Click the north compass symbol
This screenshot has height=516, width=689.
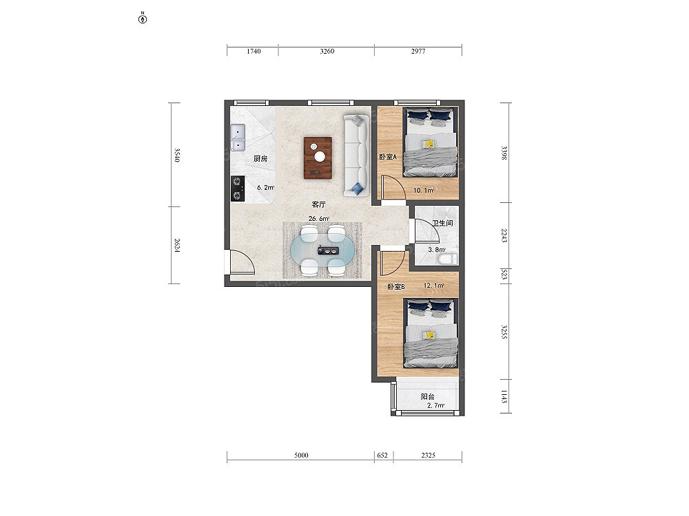(x=143, y=19)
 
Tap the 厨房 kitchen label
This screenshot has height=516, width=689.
(x=260, y=158)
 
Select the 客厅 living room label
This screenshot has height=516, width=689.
(x=318, y=204)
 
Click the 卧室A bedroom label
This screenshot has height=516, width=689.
(x=388, y=157)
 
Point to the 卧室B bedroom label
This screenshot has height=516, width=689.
(x=396, y=286)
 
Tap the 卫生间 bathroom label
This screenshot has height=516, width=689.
(x=442, y=224)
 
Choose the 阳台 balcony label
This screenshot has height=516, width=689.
(x=428, y=396)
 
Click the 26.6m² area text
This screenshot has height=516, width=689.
(x=319, y=219)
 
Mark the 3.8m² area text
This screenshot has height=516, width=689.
(x=437, y=250)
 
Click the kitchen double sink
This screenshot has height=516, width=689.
(x=238, y=138)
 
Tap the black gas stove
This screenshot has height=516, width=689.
(x=238, y=189)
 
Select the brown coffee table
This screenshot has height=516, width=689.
(x=318, y=158)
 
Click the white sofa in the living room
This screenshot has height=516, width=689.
(x=356, y=155)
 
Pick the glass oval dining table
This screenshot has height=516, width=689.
(x=323, y=251)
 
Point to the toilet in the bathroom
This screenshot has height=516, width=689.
(x=448, y=259)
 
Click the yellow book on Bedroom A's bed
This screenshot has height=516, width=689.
(x=429, y=144)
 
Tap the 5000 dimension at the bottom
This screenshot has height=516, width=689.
(x=302, y=455)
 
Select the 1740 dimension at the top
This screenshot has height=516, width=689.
(x=254, y=52)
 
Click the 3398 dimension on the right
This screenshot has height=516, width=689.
(x=504, y=153)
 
